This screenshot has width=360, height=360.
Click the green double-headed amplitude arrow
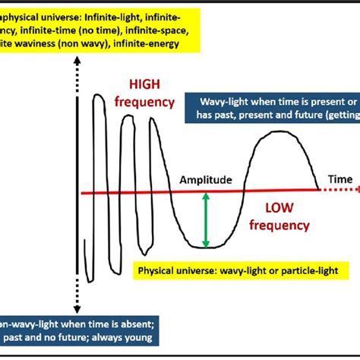point(205,220)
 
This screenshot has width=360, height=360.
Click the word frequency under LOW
point(280,225)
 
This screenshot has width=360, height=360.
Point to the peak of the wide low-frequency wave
point(280,132)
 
